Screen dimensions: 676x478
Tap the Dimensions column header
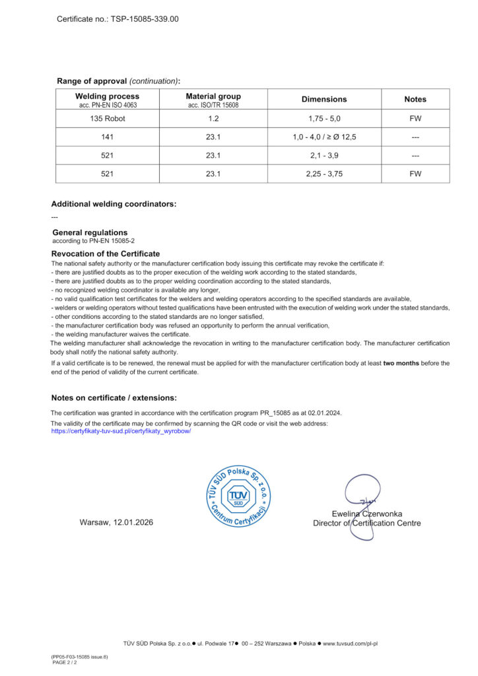click(324, 99)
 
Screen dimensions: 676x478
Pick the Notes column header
click(415, 99)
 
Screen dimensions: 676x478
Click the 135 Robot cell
click(107, 119)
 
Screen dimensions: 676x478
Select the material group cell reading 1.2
click(213, 119)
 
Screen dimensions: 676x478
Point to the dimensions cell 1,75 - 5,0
click(324, 119)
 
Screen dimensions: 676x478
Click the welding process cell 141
click(107, 137)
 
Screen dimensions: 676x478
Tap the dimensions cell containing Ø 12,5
click(324, 137)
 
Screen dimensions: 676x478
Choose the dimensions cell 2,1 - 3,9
click(324, 156)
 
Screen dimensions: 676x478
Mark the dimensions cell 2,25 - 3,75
click(324, 174)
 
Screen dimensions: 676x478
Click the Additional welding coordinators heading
click(114, 204)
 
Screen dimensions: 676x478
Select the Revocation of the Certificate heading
click(105, 253)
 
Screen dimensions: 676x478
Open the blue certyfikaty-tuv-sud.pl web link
click(121, 430)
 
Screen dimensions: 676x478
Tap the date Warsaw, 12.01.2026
click(116, 522)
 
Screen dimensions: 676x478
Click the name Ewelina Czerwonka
click(367, 514)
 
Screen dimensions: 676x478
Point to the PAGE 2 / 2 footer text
click(65, 662)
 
